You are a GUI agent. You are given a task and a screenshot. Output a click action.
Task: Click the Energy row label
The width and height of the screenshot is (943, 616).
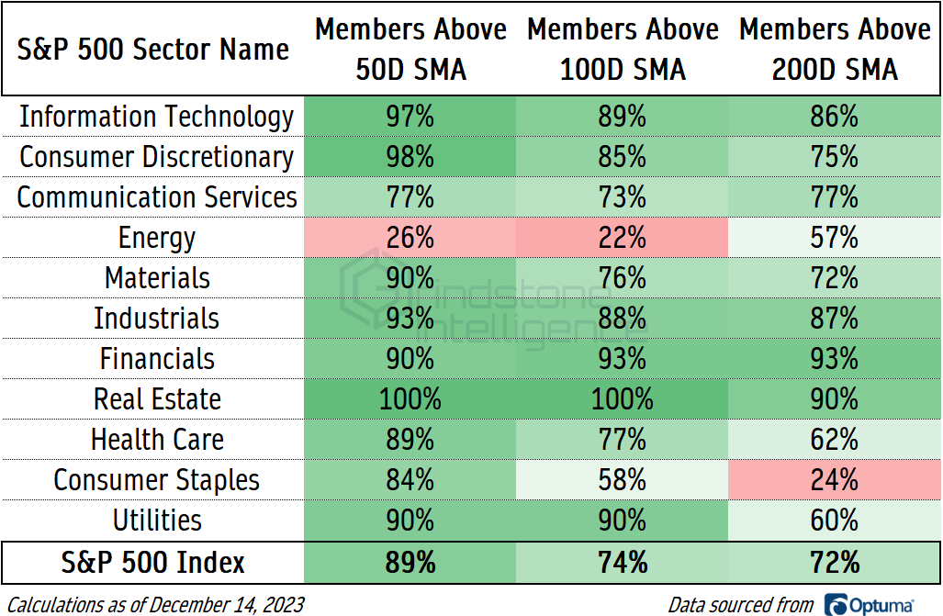tap(157, 239)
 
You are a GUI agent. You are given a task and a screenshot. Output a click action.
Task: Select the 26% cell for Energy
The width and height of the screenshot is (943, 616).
tap(410, 239)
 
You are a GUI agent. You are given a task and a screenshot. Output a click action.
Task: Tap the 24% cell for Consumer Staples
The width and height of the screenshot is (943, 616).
tap(834, 480)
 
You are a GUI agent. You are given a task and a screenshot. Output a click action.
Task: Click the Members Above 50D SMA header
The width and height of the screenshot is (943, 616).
tap(410, 50)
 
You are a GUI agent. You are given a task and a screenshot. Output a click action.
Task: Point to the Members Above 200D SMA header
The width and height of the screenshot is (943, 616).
tap(834, 50)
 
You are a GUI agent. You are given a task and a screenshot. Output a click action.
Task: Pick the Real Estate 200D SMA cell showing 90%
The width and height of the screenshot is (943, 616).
tap(834, 399)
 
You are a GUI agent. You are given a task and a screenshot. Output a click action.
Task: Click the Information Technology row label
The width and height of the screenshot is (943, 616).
tap(157, 118)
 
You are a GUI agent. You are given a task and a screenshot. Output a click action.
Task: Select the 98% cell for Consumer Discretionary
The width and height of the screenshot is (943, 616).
tap(410, 158)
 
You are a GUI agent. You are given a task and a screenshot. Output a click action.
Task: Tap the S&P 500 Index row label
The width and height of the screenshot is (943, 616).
tap(153, 562)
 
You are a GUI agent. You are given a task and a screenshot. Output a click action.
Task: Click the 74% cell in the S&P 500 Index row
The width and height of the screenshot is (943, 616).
tap(623, 562)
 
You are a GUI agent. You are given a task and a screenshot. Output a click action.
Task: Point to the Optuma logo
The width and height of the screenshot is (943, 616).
tap(869, 604)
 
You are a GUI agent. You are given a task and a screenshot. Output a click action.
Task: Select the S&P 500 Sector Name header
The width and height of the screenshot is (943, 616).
tap(153, 50)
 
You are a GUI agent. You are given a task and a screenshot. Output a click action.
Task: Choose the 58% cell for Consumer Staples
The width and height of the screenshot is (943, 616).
tap(623, 480)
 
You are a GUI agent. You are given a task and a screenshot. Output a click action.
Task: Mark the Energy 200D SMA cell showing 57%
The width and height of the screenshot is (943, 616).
tap(834, 239)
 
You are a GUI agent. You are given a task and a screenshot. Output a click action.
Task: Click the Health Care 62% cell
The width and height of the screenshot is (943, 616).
tap(834, 440)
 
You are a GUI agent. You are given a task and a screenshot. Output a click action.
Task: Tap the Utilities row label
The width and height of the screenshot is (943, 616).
tap(157, 521)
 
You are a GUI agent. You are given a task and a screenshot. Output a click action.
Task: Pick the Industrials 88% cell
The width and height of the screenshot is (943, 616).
tap(623, 319)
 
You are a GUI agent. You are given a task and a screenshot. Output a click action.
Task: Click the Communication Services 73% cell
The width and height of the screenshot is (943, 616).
tap(623, 198)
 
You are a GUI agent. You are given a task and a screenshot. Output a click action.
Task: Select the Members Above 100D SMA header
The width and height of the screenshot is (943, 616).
tap(623, 50)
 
